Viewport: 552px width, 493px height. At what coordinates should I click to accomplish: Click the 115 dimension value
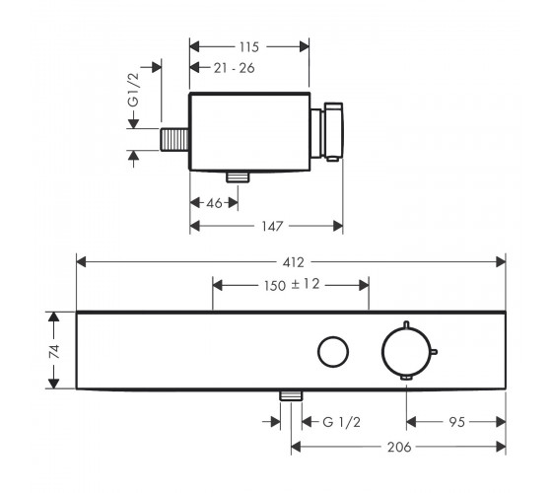(249, 47)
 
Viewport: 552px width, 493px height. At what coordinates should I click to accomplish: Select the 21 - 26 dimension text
(235, 68)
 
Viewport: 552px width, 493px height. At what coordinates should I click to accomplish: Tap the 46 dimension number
(215, 203)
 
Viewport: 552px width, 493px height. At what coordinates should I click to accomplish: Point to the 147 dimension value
(272, 226)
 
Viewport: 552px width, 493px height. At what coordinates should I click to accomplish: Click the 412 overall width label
(294, 262)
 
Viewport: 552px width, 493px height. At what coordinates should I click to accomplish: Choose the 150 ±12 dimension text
(292, 285)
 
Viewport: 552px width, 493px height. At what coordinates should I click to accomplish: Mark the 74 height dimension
(54, 351)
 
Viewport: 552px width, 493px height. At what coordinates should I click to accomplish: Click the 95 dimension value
(457, 422)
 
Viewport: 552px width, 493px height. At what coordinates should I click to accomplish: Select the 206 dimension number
(399, 448)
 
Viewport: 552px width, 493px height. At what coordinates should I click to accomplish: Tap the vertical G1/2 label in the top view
(134, 90)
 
